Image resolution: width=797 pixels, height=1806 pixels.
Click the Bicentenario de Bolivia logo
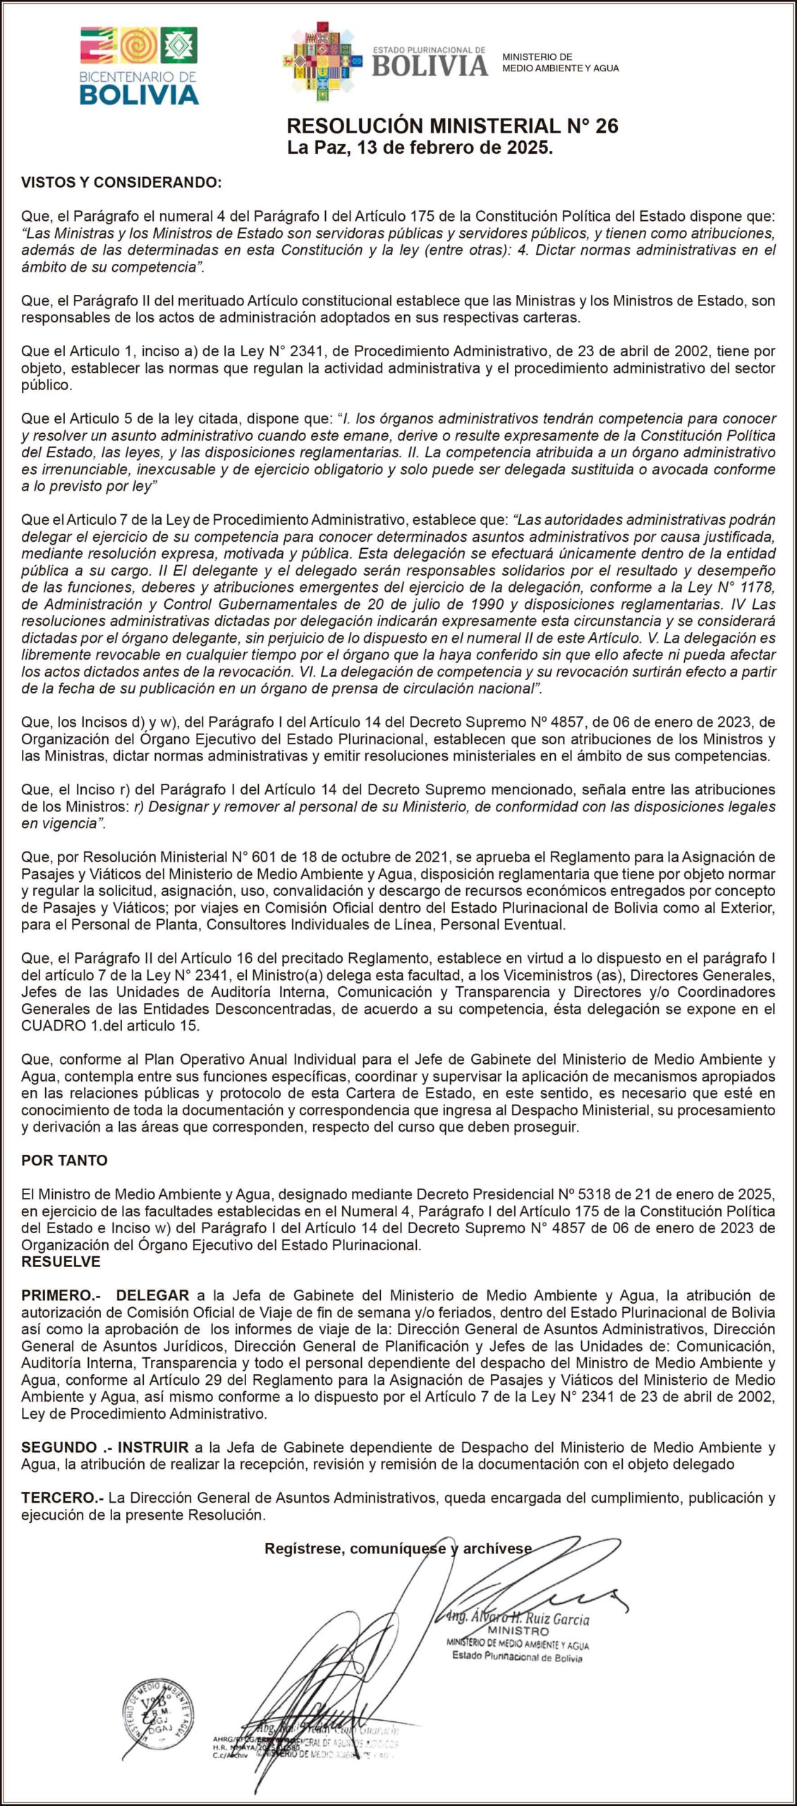139,65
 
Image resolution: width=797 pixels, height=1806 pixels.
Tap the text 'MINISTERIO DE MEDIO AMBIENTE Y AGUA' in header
560,63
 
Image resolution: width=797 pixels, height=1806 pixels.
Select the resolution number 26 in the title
607,126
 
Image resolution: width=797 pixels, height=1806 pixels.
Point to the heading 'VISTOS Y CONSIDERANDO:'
121,183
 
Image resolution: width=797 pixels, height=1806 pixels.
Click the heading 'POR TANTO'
65,1160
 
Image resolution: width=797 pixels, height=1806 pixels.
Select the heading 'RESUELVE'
61,1261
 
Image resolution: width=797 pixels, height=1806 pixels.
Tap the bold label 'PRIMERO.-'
61,1295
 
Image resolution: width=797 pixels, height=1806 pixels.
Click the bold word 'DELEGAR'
152,1295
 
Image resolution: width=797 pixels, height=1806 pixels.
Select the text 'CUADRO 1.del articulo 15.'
111,1025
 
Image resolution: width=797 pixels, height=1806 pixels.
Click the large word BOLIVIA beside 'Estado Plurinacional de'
430,66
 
